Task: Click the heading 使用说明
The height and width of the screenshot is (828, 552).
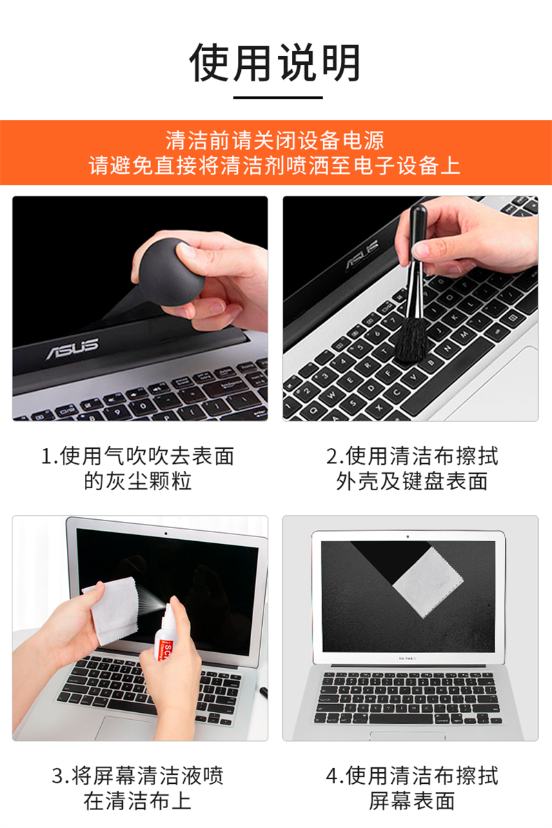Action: pos(275,62)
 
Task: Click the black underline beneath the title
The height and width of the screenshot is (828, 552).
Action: pos(278,98)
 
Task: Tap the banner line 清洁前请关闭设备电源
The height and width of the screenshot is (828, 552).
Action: pos(275,141)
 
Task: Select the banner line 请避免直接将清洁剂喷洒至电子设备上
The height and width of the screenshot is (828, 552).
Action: pos(275,165)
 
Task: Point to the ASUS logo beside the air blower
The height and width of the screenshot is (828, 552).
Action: pos(72,348)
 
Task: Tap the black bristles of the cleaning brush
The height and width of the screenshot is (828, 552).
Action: pos(411,339)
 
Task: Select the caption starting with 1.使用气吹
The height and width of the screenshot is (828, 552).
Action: pos(137,468)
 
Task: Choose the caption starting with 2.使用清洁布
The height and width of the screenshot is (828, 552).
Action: pos(412,468)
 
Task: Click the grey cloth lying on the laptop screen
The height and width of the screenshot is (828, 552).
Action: pos(428,583)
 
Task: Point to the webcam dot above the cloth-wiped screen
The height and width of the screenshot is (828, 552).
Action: pos(408,536)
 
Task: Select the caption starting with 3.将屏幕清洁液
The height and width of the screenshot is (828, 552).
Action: pos(137,788)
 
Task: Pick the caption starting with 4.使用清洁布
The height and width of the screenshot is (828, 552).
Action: pos(412,788)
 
